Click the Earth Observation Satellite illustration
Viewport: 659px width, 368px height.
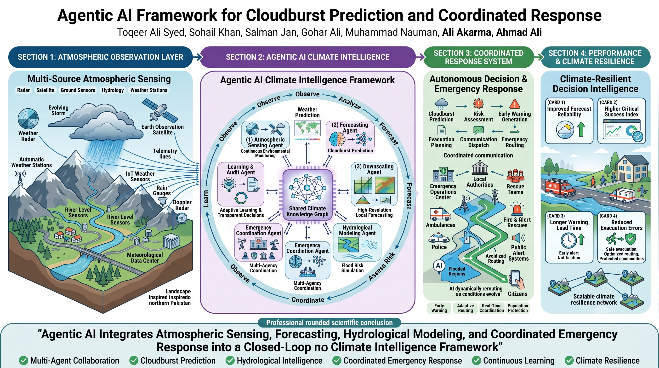pyautogui.click(x=160, y=111)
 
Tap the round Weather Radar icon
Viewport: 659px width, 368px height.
pyautogui.click(x=28, y=119)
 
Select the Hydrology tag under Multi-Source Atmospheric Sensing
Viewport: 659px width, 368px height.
pyautogui.click(x=113, y=90)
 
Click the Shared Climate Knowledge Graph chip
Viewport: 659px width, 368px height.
pyautogui.click(x=307, y=195)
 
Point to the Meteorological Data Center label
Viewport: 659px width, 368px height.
pyautogui.click(x=145, y=258)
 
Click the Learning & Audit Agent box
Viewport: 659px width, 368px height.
pyautogui.click(x=240, y=184)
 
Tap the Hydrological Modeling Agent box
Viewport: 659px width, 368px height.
pyautogui.click(x=357, y=242)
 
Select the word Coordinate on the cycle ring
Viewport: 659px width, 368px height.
pyautogui.click(x=308, y=300)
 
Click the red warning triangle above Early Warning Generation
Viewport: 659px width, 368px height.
pyautogui.click(x=514, y=104)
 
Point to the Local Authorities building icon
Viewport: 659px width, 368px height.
pyautogui.click(x=480, y=168)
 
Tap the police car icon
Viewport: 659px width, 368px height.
pyautogui.click(x=439, y=238)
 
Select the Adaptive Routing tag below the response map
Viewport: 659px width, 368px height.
pyautogui.click(x=465, y=308)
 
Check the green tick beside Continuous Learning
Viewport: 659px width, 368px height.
pyautogui.click(x=476, y=361)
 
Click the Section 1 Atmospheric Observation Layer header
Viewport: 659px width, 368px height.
pyautogui.click(x=100, y=57)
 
